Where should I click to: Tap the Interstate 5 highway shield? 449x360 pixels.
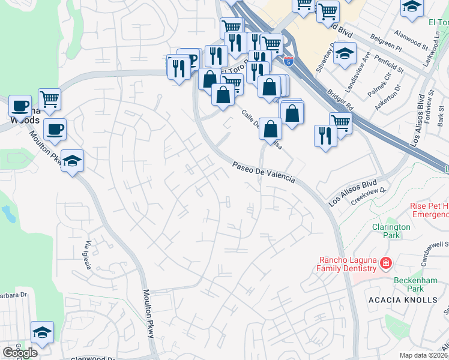point(289,61)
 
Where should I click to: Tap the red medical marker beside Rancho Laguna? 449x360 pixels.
point(385,263)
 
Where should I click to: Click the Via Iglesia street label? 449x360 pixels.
point(88,255)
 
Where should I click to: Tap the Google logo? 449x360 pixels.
point(20,353)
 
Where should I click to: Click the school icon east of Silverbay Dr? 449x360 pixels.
point(345,53)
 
